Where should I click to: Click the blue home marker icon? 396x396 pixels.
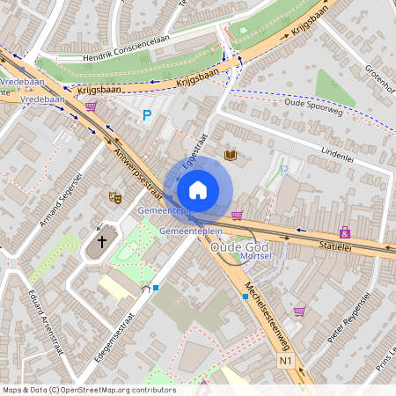click(x=198, y=190)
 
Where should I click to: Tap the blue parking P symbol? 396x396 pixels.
click(x=147, y=114)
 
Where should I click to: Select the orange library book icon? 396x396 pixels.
click(x=231, y=156)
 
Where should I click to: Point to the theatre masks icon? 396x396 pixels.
click(x=114, y=198)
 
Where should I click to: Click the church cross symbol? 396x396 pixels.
click(x=101, y=239)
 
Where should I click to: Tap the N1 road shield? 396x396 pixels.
click(x=285, y=361)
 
